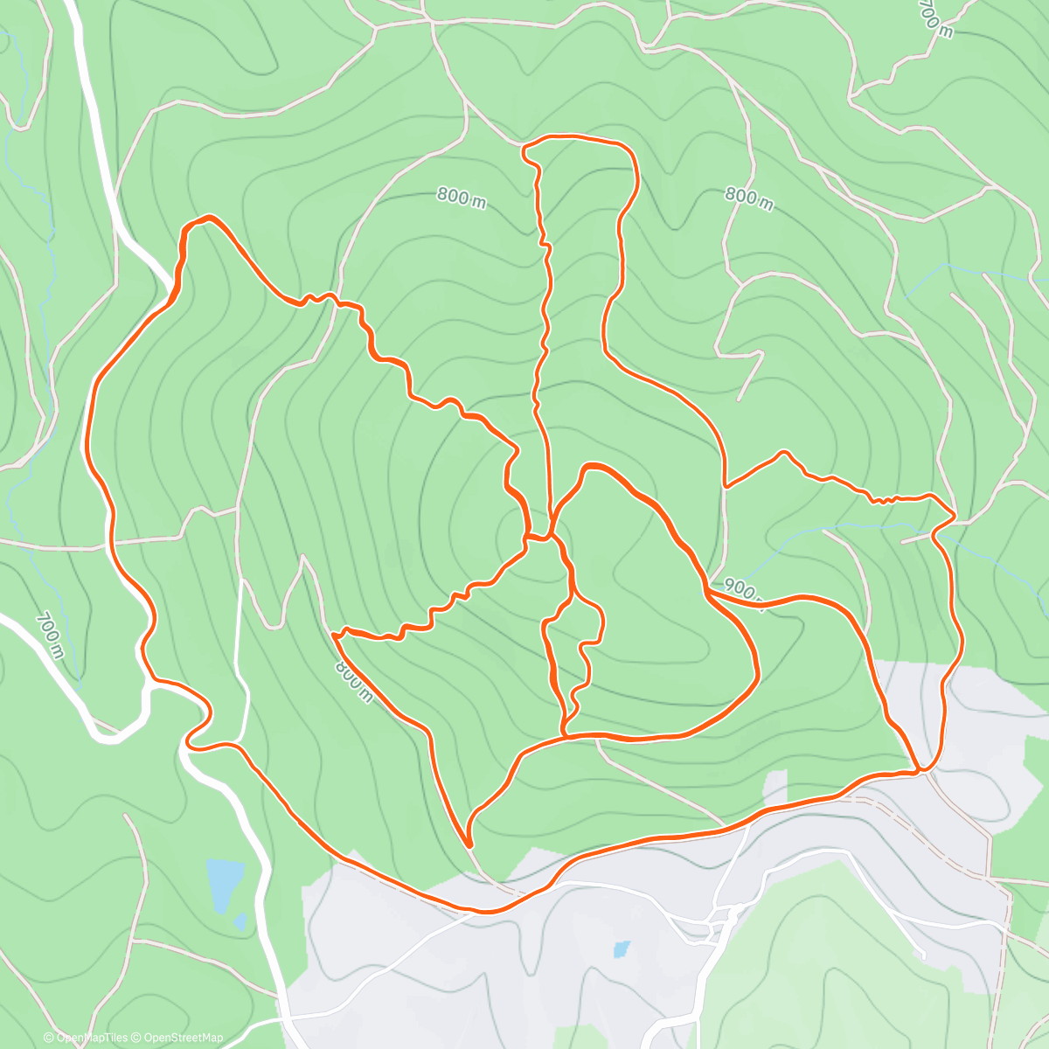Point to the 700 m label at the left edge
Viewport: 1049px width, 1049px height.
[x=50, y=635]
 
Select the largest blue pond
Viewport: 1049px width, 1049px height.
[x=225, y=876]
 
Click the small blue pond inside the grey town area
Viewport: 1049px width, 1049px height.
[x=621, y=948]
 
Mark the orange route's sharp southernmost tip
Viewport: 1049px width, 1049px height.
[x=469, y=846]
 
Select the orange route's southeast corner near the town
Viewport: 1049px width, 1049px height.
[x=922, y=771]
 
